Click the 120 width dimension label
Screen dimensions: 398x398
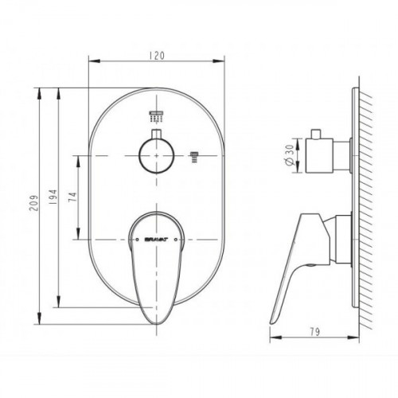pos(157,56)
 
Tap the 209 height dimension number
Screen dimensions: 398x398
pos(33,203)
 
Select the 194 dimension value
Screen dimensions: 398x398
pos(53,197)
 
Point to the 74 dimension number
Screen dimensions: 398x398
pos(72,197)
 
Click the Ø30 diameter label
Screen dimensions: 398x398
pos(291,155)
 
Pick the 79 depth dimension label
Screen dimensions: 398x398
pos(314,332)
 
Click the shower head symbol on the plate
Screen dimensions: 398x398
pos(156,116)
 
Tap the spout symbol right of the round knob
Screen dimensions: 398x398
pos(194,157)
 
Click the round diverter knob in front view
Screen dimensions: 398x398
pos(156,156)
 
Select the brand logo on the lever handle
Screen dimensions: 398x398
pos(156,240)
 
